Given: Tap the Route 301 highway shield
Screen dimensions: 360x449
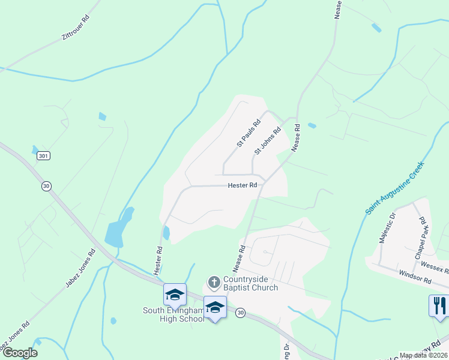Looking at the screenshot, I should [x=43, y=155].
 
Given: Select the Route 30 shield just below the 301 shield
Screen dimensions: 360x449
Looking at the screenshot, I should [x=46, y=186].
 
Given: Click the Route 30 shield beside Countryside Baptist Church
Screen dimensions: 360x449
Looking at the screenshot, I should [x=240, y=313].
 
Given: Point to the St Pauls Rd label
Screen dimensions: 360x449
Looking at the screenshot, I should [x=248, y=133].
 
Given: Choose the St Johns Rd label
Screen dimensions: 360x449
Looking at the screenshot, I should [x=267, y=141].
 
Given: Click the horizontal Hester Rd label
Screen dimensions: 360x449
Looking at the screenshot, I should [x=243, y=185].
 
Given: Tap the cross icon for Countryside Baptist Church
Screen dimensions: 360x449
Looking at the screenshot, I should [x=214, y=282].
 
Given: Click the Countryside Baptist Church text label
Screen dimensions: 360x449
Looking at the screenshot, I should [x=250, y=283].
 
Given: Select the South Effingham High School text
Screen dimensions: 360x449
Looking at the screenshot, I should [x=173, y=314].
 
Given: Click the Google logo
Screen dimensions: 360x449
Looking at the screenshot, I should [x=20, y=353].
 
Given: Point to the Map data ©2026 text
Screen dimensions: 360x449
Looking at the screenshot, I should [x=423, y=355].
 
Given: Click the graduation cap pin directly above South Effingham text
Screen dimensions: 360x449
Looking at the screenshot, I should [x=174, y=294].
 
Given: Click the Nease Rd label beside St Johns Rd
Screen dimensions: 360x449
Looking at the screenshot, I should [x=295, y=137].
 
